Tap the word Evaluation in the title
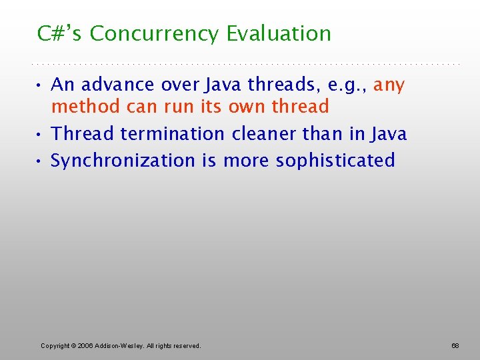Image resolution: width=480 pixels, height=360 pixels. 279,33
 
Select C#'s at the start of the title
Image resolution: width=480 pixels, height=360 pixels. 61,33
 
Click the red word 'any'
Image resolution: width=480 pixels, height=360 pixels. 389,85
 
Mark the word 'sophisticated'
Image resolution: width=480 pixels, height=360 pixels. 335,161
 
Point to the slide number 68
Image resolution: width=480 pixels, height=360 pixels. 455,345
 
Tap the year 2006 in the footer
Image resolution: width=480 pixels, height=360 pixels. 84,345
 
